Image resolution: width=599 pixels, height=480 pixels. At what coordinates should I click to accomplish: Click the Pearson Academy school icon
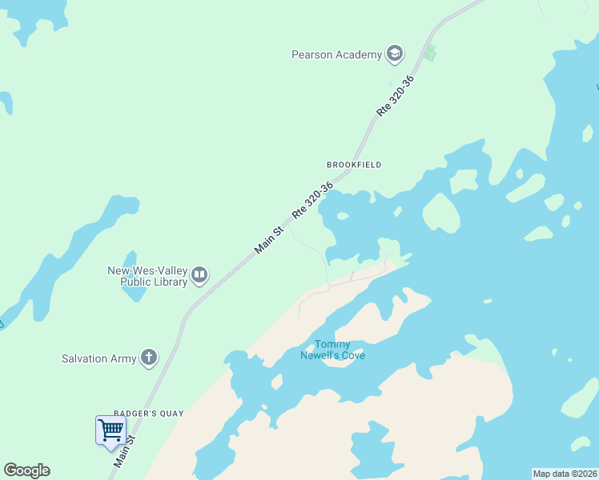[394, 54]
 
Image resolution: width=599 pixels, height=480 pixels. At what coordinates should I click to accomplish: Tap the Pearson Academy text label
[336, 54]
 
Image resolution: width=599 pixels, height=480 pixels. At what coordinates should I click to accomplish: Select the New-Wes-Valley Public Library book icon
[199, 276]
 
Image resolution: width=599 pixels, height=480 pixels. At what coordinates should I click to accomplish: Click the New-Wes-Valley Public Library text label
[147, 276]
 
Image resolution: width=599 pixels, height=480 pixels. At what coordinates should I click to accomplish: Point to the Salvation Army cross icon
[149, 358]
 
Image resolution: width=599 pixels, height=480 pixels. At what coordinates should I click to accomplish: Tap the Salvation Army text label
[98, 358]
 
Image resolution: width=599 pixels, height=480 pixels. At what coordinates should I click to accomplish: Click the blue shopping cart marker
[111, 430]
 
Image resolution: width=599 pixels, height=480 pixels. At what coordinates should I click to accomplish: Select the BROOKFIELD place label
[354, 165]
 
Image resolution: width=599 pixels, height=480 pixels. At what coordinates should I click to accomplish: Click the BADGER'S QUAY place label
[149, 414]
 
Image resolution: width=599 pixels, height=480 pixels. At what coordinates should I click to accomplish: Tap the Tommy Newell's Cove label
[332, 350]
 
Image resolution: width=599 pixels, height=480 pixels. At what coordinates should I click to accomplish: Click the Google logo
[26, 470]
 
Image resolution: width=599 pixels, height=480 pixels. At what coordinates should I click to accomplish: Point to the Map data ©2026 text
[564, 474]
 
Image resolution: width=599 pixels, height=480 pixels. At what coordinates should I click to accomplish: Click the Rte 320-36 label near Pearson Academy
[396, 96]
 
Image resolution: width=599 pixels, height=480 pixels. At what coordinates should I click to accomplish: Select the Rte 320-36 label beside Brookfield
[312, 200]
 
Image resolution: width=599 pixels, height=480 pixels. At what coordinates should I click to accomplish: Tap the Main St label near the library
[269, 241]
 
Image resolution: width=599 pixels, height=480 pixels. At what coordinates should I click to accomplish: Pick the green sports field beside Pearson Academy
[430, 54]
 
